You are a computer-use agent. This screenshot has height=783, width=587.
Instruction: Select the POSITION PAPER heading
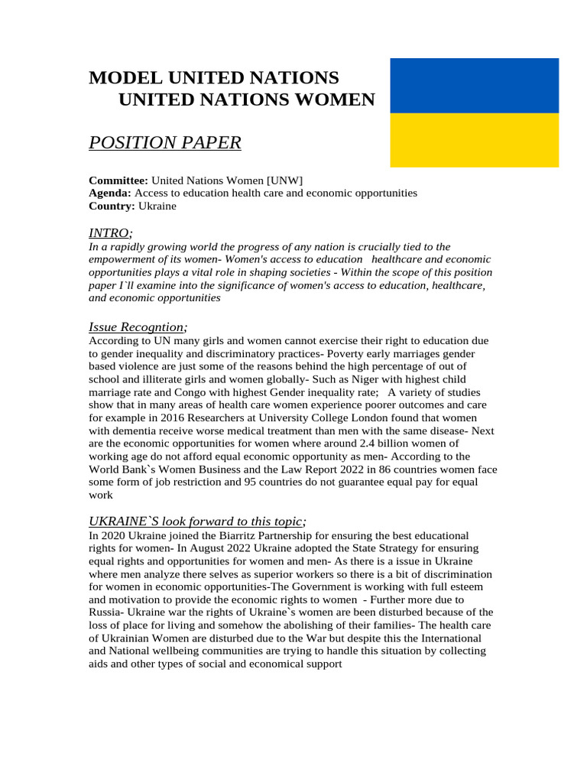[165, 142]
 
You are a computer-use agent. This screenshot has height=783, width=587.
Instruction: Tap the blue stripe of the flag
[474, 85]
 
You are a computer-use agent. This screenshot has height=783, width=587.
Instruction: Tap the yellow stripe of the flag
[474, 140]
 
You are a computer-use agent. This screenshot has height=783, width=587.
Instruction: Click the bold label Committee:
[118, 180]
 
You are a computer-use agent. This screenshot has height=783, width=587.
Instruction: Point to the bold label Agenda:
[110, 193]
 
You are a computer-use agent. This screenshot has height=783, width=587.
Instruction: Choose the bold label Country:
[112, 206]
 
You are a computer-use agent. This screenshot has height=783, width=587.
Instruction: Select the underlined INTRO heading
[109, 232]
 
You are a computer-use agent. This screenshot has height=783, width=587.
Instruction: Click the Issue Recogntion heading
[137, 327]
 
